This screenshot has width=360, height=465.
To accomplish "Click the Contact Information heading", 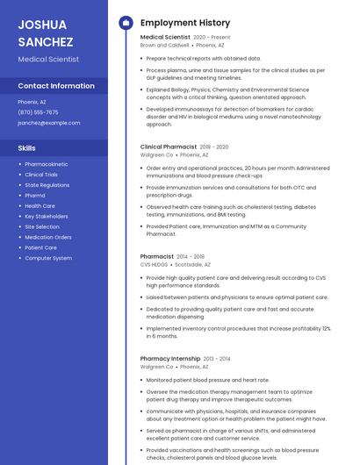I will [x=56, y=86].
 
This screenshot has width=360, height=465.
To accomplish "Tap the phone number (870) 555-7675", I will [x=38, y=112].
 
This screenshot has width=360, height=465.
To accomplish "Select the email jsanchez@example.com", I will [x=48, y=123].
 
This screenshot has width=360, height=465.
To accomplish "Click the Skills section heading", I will [x=27, y=148].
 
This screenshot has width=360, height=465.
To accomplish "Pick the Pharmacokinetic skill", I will [x=47, y=164].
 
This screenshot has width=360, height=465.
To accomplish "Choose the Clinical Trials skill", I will [x=41, y=175].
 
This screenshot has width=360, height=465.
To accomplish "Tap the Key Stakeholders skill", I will [x=46, y=216].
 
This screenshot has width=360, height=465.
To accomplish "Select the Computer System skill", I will [x=48, y=258].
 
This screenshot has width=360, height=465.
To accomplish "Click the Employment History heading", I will [x=185, y=23].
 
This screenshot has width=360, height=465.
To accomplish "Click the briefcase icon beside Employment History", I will [x=125, y=23].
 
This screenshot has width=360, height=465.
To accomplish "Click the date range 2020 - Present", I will [x=212, y=38].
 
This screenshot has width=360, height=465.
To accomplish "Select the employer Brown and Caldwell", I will [x=165, y=46].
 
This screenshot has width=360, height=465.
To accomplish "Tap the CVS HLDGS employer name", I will [x=154, y=264].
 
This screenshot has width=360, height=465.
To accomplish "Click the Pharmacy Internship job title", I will [x=170, y=359].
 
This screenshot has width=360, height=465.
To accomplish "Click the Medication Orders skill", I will [x=48, y=237].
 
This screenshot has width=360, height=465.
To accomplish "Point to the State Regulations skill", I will [x=47, y=185].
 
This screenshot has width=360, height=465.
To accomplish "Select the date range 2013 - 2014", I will [x=217, y=359].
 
